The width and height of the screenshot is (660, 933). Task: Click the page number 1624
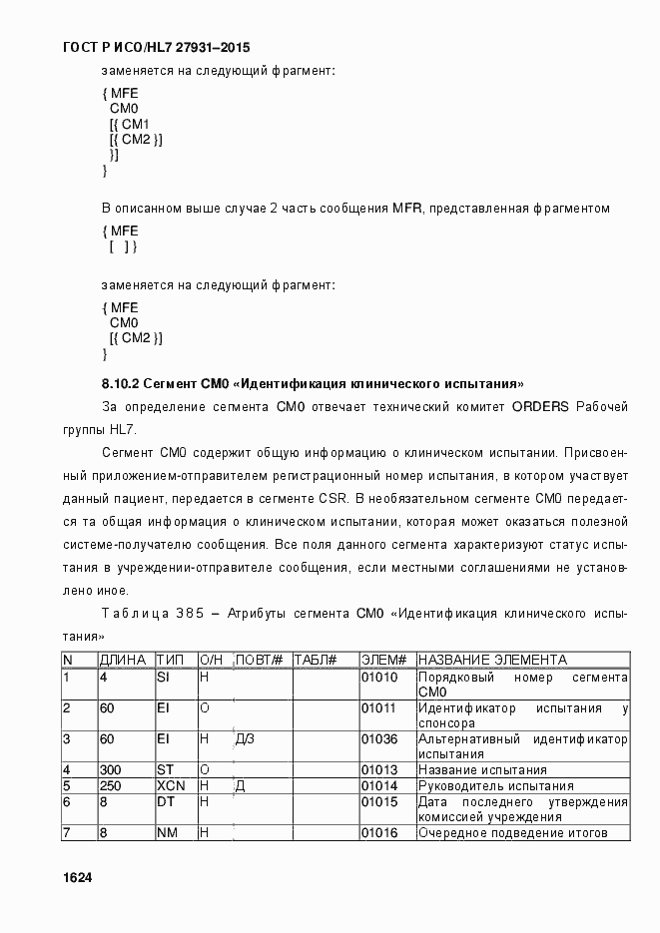coord(77,876)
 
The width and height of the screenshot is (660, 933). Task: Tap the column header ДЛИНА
coord(124,661)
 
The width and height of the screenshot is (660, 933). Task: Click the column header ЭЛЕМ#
coord(383,661)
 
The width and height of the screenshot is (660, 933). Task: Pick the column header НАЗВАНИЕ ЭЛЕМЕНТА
coord(493,661)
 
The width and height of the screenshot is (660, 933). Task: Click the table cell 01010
coord(379,678)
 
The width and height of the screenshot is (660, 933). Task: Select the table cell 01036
coord(379,739)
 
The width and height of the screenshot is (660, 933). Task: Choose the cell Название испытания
coord(482,769)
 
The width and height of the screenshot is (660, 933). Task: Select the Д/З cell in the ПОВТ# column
coord(246,739)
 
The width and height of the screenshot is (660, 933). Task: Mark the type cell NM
coord(166,832)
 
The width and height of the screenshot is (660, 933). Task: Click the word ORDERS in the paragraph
coord(539,406)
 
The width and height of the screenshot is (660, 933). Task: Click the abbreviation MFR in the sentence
coord(406,208)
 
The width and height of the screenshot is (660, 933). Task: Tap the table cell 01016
coord(379,832)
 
